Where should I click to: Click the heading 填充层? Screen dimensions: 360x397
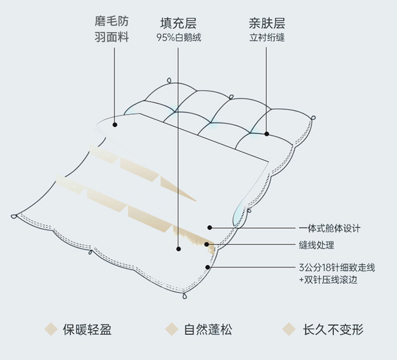[178, 24]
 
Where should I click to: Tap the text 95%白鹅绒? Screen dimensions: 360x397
[178, 38]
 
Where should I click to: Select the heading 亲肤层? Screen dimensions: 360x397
[267, 24]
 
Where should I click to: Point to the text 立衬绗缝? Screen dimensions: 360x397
[267, 38]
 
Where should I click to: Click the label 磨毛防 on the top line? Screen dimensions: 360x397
[112, 22]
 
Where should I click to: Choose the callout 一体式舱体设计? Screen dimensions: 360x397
[329, 228]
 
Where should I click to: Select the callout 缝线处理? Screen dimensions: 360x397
[316, 245]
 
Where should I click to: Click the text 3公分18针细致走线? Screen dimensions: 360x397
[337, 268]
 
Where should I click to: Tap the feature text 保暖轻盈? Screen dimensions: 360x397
[87, 329]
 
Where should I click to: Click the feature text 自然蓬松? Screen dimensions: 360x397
[208, 329]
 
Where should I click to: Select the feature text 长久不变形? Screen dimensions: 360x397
[333, 329]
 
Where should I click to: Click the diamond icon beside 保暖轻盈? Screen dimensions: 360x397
[51, 329]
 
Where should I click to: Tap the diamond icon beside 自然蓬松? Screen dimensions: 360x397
[172, 329]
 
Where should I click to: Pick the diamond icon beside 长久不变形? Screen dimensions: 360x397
[288, 329]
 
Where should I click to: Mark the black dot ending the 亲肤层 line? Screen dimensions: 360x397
[267, 134]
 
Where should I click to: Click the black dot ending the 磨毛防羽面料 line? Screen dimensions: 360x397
[115, 125]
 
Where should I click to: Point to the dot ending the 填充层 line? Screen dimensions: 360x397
[178, 248]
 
